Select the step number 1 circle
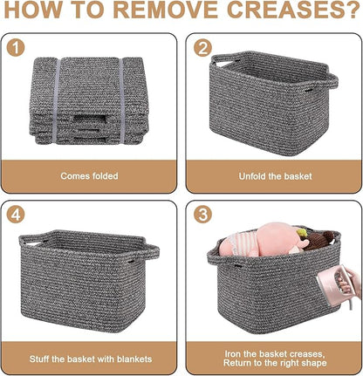pyautogui.click(x=16, y=48)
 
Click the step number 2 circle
pyautogui.click(x=202, y=48)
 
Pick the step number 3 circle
pyautogui.click(x=202, y=215)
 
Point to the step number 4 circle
pyautogui.click(x=16, y=215)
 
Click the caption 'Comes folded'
pyautogui.click(x=89, y=176)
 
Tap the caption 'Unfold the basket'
pyautogui.click(x=275, y=176)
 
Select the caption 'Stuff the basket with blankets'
pyautogui.click(x=91, y=359)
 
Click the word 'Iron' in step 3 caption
pyautogui.click(x=232, y=354)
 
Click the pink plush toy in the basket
pyautogui.click(x=264, y=240)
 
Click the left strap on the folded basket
pyautogui.click(x=56, y=101)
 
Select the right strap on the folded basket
pyautogui.click(x=121, y=100)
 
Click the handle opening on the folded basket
pyautogui.click(x=90, y=120)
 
